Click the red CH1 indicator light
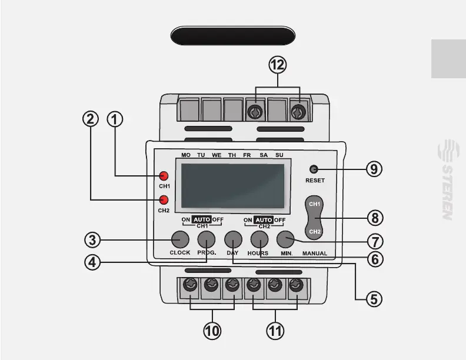coord(164,176)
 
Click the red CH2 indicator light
coord(164,199)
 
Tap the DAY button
coord(233,239)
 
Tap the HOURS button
coord(259,239)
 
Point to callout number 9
coord(374,169)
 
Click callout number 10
coord(212,331)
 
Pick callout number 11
coord(275,331)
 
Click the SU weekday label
coord(279,155)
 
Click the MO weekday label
coord(186,155)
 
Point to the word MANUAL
coord(315,253)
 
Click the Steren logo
coord(447,179)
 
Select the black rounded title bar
coord(232,36)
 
